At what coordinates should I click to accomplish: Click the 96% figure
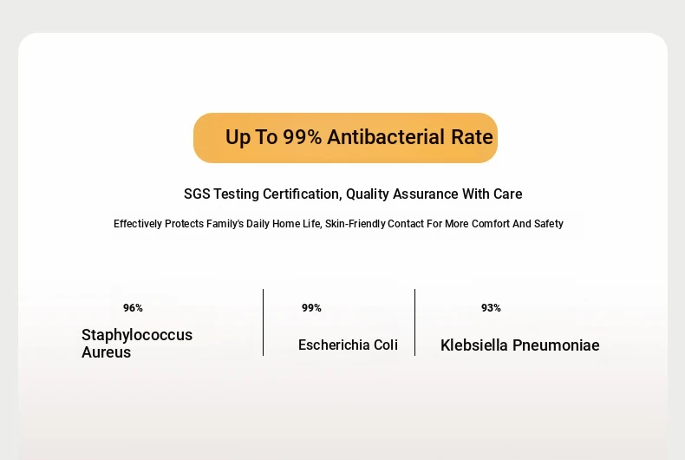(133, 308)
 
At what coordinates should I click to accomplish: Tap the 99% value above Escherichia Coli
(311, 308)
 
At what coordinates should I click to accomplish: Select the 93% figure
(491, 308)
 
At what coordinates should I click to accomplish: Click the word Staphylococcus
(137, 335)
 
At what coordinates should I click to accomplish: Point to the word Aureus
(106, 352)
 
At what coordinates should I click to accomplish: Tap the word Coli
(386, 345)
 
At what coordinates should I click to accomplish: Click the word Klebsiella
(474, 345)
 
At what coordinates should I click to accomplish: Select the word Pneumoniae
(556, 345)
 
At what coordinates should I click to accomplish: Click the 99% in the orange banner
(303, 137)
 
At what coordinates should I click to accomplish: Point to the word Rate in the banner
(472, 137)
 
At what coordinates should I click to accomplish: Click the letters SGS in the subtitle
(197, 194)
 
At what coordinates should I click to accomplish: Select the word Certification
(303, 194)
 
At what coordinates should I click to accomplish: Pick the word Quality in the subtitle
(368, 194)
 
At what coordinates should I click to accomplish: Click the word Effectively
(138, 224)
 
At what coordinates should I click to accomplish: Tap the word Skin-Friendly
(356, 224)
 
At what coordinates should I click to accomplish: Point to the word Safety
(549, 224)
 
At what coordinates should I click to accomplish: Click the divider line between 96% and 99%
(263, 322)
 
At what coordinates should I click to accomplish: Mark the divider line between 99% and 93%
(414, 322)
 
